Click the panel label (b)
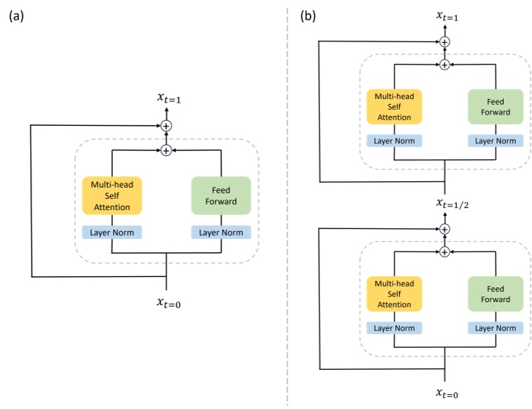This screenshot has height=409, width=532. point(308,15)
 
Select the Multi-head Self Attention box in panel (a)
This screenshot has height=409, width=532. point(112,195)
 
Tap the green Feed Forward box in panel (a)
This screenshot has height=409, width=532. point(221,195)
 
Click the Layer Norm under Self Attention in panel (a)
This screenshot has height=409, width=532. point(112,232)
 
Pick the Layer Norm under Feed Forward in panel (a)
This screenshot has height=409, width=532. point(221,232)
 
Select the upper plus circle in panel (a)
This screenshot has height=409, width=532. point(166,126)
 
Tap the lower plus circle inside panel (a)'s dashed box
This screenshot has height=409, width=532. point(166,150)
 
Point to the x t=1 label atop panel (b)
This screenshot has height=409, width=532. point(444,16)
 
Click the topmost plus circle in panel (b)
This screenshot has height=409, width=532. point(444,42)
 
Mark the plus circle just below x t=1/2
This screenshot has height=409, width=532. point(444,229)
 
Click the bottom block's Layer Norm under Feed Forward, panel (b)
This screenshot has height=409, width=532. point(496,328)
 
